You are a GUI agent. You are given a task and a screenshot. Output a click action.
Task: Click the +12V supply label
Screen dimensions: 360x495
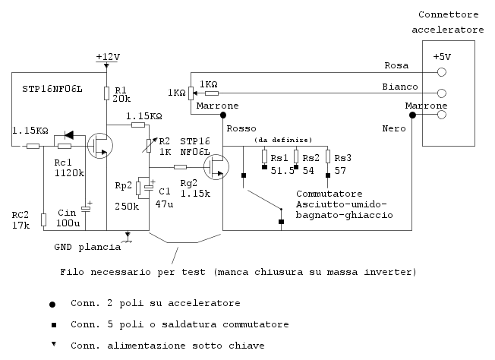[x=109, y=58]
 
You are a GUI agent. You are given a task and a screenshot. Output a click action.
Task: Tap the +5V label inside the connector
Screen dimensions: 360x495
[x=441, y=58]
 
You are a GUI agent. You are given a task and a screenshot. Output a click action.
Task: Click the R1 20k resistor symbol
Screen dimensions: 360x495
[x=107, y=93]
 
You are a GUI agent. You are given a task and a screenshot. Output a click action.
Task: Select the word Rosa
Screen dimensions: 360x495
[x=396, y=65]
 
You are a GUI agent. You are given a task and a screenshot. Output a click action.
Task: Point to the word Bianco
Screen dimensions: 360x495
[x=399, y=87]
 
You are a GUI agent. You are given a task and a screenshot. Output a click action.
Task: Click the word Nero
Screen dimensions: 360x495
[x=393, y=129]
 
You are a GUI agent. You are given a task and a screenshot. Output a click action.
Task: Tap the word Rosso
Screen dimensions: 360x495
[x=241, y=128]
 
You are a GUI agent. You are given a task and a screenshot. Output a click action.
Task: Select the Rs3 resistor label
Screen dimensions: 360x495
[x=343, y=157]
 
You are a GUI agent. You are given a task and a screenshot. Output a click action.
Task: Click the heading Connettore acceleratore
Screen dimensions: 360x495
[x=447, y=22]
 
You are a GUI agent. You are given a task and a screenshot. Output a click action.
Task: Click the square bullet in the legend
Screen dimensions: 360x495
[x=52, y=324]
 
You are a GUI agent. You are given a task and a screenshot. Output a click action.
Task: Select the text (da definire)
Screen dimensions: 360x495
[x=284, y=141]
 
